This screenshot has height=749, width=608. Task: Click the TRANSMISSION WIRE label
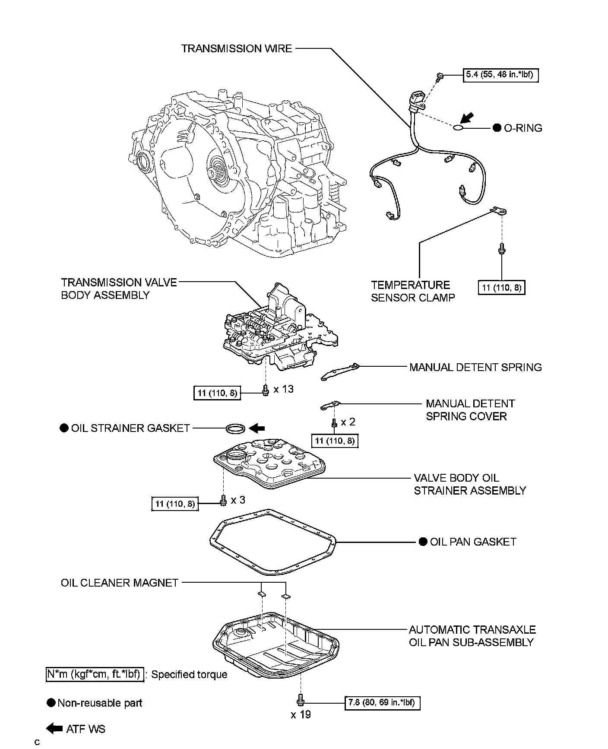point(237,48)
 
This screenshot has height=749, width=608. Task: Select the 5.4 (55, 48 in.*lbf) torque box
point(501,75)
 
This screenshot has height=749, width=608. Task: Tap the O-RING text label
point(523,128)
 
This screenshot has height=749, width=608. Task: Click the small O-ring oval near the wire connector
point(458,128)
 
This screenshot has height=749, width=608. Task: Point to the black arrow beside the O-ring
point(466,118)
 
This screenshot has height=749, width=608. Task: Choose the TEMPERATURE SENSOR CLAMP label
point(413,291)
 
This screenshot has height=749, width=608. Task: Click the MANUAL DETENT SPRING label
point(475,367)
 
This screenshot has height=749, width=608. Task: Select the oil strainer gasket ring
point(235,429)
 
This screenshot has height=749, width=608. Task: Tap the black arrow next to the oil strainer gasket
point(257,428)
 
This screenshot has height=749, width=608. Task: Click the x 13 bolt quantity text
point(284,389)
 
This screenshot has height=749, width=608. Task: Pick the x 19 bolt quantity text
point(301,714)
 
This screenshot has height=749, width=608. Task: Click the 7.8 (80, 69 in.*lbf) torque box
point(382,703)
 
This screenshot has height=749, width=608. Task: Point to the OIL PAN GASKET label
point(473,542)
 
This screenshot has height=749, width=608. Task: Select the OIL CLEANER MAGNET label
point(120,583)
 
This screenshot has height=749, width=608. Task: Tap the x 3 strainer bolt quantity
point(238,500)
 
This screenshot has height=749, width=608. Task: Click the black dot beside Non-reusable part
point(51,703)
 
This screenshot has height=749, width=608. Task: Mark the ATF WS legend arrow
point(54,729)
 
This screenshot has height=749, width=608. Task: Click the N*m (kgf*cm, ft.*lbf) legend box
point(94,674)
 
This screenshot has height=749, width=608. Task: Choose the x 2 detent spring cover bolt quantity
point(348,422)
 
